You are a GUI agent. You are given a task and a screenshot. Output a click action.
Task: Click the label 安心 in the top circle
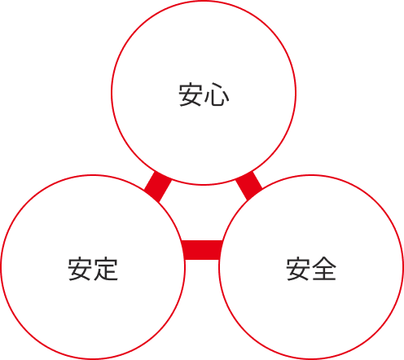click(204, 94)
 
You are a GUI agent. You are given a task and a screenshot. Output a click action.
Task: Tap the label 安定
click(93, 269)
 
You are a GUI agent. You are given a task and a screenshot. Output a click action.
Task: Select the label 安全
click(311, 269)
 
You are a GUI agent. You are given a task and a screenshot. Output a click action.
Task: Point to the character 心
click(217, 94)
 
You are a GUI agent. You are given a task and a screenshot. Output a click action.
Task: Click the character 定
click(106, 269)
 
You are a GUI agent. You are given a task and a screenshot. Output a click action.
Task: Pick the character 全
click(324, 269)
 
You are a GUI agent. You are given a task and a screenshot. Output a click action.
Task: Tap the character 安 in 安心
click(191, 94)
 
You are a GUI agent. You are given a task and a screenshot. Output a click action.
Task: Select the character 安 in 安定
click(80, 269)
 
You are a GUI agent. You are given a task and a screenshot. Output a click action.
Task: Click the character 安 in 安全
click(298, 269)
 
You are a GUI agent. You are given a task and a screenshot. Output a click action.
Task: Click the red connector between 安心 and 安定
click(158, 187)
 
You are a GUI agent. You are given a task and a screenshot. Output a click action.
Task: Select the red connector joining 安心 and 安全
click(248, 186)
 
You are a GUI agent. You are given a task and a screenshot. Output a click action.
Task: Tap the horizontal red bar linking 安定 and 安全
click(202, 250)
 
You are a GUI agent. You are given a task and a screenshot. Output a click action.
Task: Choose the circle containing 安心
click(204, 1)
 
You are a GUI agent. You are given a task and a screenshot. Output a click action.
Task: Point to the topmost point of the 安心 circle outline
click(204, 1)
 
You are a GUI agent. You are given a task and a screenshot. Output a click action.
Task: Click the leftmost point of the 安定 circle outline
click(1, 267)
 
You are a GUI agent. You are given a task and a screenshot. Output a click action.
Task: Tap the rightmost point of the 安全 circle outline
click(403, 267)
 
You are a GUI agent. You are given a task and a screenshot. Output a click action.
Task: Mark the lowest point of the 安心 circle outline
click(204, 185)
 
